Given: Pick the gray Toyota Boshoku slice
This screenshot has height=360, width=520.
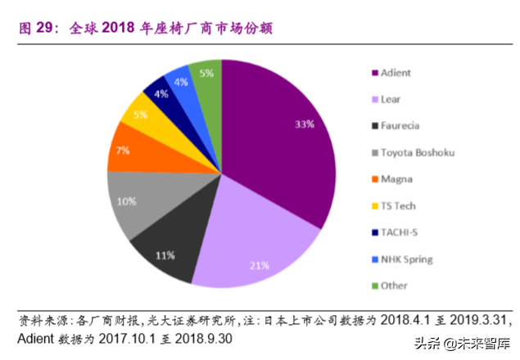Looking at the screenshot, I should (131, 200).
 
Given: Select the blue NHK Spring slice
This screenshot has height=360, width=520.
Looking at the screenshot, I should (180, 82).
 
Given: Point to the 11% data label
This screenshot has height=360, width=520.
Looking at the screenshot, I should (165, 255).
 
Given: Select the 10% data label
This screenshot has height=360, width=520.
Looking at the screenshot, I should (127, 201).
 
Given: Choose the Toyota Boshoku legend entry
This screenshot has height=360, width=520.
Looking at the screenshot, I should (417, 152).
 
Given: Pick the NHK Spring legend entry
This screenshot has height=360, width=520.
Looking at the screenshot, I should (406, 259).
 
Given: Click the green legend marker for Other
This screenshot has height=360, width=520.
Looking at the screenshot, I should (375, 286).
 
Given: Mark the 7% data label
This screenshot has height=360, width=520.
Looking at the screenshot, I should (123, 151).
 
